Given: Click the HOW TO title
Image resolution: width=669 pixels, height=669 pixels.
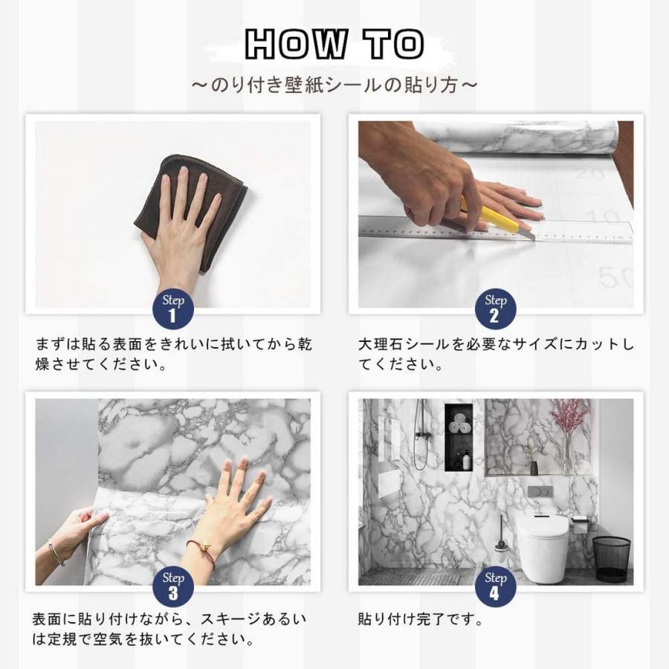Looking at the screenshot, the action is point(334,44).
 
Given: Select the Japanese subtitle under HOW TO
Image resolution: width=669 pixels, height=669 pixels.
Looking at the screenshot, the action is point(334,85).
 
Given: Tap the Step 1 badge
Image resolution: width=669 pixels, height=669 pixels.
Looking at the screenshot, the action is point(173,308).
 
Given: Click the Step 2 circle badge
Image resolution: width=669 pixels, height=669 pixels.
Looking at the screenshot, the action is point(495,308).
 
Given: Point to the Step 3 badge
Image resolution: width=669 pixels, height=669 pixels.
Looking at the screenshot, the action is point(173,586).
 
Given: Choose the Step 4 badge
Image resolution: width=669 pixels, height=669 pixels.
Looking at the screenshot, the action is point(495,586).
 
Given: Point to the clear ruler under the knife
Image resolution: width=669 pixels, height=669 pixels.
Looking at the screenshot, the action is point(495,230).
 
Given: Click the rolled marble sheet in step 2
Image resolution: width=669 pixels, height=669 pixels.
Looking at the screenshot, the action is point(520,137).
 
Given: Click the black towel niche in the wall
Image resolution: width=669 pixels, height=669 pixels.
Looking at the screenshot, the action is point(459,437).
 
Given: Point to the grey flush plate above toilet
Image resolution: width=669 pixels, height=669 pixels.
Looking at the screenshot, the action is point(540,491).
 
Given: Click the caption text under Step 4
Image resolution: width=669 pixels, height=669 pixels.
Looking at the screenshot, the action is point(420,619).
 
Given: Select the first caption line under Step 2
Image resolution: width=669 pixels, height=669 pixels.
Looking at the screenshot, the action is point(496,344).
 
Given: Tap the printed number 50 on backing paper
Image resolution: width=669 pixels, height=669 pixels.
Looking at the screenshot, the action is point(615,277).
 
